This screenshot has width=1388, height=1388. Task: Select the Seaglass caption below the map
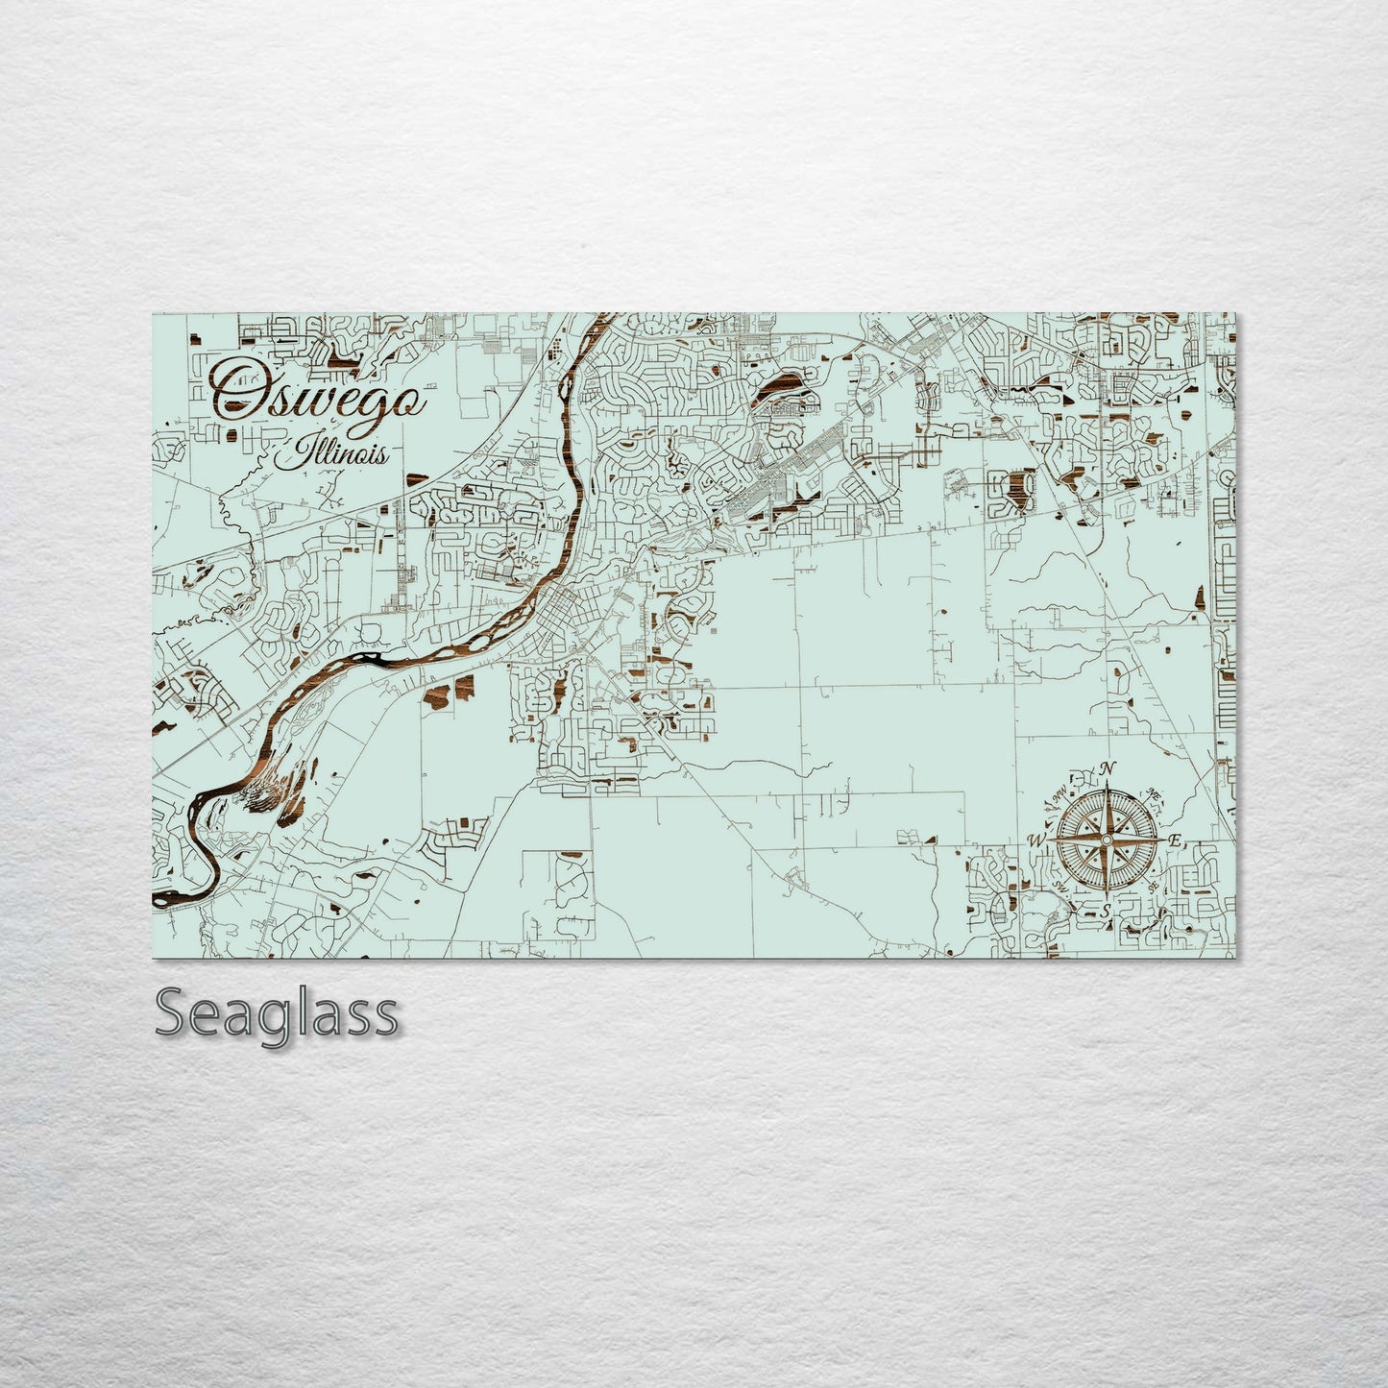[x=276, y=1014]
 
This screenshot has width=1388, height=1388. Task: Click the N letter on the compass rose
[x=1107, y=768]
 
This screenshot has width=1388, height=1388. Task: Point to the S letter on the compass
[x=1106, y=910]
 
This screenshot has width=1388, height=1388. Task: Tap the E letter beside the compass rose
[x=1174, y=840]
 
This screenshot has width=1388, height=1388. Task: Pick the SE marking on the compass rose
[x=1153, y=887]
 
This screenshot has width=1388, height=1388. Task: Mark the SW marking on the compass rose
[x=1059, y=885]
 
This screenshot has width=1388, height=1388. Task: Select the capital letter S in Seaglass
[x=173, y=1014]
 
